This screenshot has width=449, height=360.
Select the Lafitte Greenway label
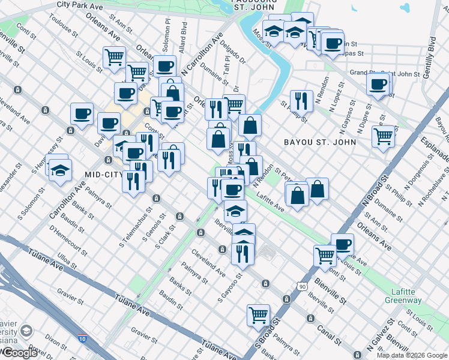pyautogui.click(x=403, y=296)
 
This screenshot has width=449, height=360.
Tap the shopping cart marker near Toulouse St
pyautogui.click(x=114, y=58)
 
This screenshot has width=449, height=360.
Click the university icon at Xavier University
pyautogui.click(x=26, y=331)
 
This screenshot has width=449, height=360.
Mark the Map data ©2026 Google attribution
pyautogui.click(x=412, y=355)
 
